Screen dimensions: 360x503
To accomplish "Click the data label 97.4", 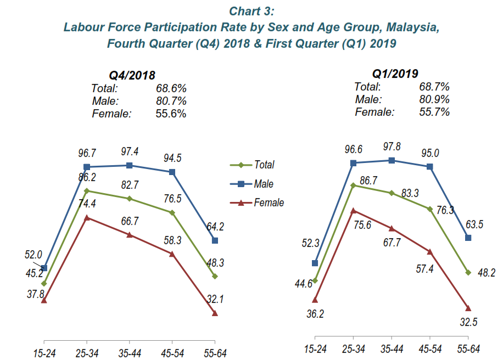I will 129,150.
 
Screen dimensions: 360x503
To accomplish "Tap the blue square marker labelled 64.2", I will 215,240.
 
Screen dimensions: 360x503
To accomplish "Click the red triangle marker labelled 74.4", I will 87,218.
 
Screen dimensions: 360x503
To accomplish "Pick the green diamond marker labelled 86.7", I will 353,185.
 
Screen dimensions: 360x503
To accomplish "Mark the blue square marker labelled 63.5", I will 468,238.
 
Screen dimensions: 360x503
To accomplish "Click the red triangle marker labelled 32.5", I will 468,308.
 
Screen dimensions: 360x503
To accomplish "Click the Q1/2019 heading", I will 395,74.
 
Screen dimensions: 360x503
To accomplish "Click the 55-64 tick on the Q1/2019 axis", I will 468,348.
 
